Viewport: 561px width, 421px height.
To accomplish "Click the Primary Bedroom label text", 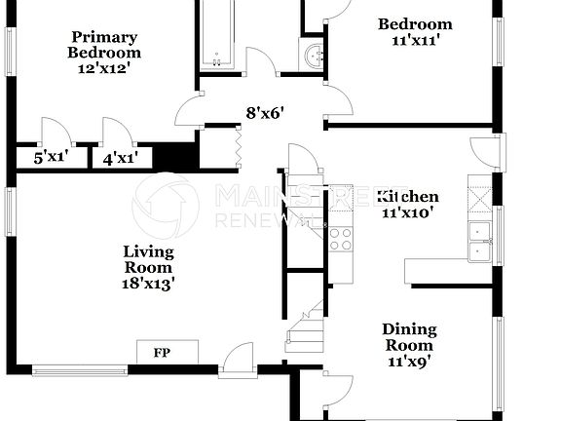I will [x=104, y=45].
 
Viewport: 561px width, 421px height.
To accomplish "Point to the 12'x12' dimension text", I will [x=104, y=68].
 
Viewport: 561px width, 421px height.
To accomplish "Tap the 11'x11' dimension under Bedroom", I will [x=415, y=41].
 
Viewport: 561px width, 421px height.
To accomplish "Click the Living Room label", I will [x=147, y=259].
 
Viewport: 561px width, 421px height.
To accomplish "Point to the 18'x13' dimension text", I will [x=147, y=284].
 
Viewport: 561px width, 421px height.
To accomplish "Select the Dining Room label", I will [x=409, y=337].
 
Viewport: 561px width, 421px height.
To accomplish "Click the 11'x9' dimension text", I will [x=409, y=361].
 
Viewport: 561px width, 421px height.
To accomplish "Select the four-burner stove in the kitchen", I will [x=340, y=238].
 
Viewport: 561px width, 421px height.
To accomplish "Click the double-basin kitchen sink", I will [x=480, y=242].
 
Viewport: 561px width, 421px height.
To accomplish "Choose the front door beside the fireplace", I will [x=237, y=363].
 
